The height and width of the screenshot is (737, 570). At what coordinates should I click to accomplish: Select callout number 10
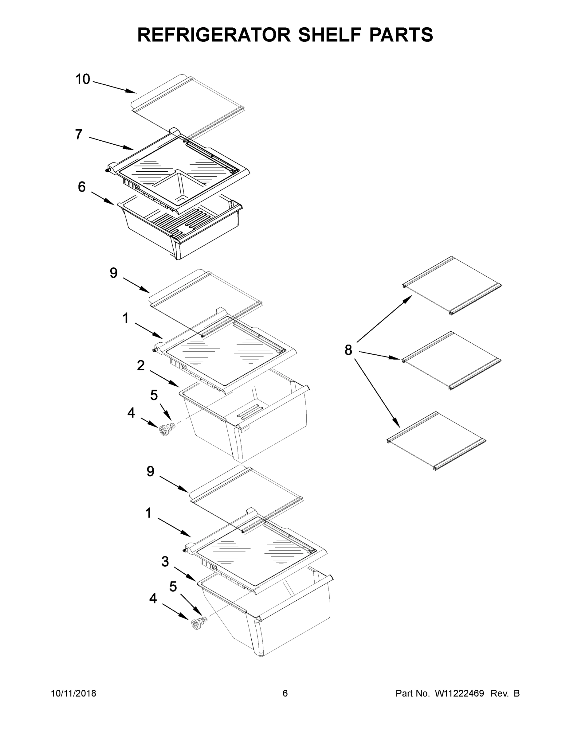(83, 79)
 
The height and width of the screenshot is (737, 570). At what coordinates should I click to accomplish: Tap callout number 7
(79, 134)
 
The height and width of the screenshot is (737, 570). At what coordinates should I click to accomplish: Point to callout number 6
(82, 187)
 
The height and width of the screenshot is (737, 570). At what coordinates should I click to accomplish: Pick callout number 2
(141, 365)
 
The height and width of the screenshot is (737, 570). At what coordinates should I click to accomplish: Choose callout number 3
(165, 562)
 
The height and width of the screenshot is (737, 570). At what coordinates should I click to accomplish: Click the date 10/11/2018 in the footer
(74, 693)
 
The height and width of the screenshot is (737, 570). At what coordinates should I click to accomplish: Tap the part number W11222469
(459, 693)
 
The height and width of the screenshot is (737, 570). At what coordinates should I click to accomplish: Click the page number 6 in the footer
(285, 693)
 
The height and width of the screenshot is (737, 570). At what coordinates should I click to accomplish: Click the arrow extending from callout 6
(103, 198)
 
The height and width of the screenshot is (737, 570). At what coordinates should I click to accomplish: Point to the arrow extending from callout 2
(164, 379)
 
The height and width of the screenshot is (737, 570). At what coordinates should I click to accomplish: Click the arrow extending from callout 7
(112, 143)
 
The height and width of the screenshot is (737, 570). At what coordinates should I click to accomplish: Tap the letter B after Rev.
(517, 693)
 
